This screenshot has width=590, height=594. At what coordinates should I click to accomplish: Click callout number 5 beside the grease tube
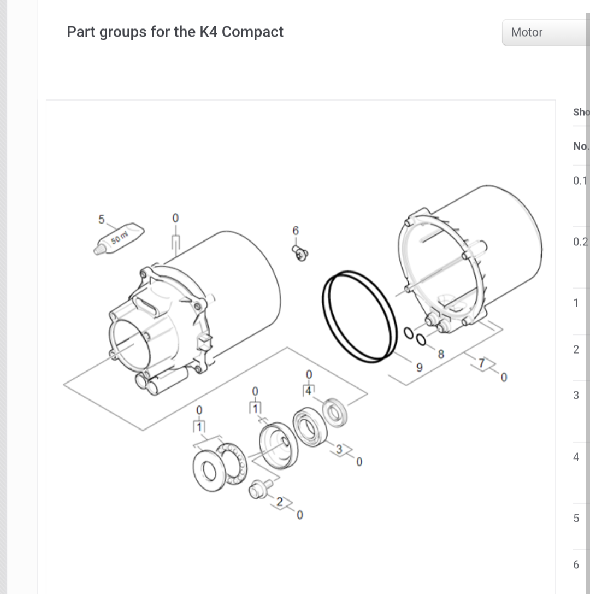click(101, 219)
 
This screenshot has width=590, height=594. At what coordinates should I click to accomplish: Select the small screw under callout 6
click(300, 252)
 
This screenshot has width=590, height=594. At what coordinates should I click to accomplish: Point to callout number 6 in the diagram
click(296, 231)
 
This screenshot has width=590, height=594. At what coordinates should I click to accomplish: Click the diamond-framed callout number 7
click(481, 363)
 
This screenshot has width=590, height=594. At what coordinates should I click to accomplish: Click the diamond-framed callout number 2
click(280, 502)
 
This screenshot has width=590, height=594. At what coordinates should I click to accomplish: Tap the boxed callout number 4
click(309, 390)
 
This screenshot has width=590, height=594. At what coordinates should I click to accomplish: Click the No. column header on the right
click(581, 146)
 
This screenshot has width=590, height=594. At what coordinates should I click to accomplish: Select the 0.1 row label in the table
click(581, 181)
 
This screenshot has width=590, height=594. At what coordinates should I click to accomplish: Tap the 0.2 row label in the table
click(581, 242)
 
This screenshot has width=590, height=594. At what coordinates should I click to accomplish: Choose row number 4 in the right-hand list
click(576, 457)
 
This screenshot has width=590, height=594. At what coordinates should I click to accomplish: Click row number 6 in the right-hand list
click(576, 565)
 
